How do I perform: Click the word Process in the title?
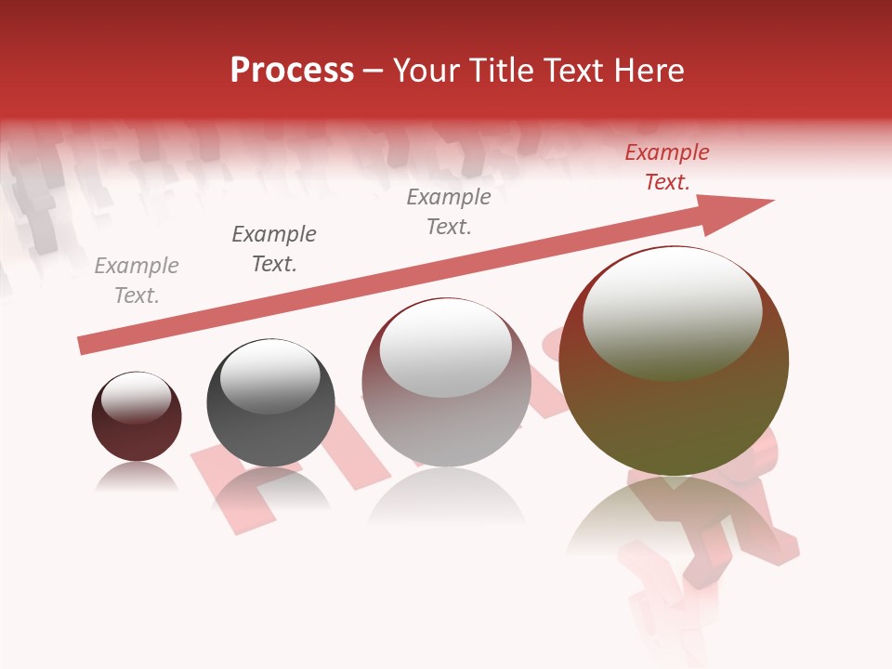pos(292,71)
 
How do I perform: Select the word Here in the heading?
pos(649,71)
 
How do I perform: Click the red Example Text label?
pos(667,167)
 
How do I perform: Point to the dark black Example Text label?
pos(274,249)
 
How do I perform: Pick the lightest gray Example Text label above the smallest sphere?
pos(137,281)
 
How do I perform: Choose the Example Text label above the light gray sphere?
pos(449,212)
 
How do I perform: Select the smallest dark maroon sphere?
pos(137,429)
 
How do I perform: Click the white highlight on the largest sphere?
pos(673,311)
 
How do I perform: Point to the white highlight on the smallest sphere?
pos(137,398)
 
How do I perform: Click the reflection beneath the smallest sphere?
pos(137,478)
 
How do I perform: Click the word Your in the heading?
pos(425,71)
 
